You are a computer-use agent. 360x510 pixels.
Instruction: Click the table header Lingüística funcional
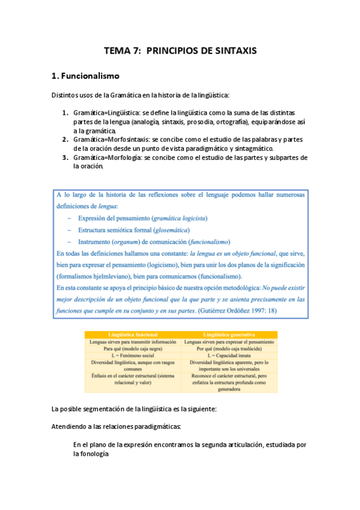[133, 334]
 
